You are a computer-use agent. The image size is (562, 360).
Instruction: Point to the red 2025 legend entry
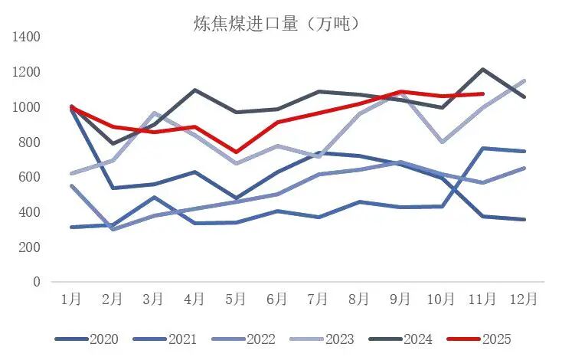coord(480,339)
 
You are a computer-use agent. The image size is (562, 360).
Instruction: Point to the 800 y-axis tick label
coord(31,142)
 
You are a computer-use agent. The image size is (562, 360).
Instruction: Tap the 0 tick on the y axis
coord(37,282)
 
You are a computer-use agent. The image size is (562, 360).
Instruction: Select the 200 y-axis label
coord(31,247)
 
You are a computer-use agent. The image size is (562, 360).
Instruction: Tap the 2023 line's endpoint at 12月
coord(524,80)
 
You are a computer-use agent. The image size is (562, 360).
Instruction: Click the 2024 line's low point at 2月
coord(113,143)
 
